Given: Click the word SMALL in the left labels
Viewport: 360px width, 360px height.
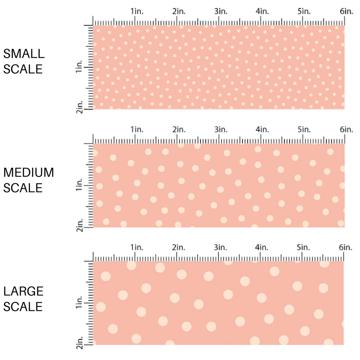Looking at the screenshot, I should tap(24, 54).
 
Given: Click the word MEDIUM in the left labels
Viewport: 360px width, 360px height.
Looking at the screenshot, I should tap(28, 172).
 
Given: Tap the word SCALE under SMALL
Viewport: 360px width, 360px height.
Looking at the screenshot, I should tap(23, 69).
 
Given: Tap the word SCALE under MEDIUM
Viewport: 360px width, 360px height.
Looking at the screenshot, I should tap(23, 188).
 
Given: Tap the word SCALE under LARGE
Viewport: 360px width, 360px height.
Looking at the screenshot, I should tap(23, 306).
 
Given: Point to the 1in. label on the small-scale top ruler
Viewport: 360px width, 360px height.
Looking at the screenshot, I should tap(137, 11).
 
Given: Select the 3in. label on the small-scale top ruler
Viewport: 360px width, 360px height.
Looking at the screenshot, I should tap(221, 11).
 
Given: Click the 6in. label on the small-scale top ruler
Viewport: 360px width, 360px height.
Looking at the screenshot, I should tap(346, 11).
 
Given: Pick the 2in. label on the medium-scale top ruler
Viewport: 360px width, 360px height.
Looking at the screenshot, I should tap(179, 129).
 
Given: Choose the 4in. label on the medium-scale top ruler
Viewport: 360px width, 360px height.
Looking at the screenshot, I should tap(263, 129).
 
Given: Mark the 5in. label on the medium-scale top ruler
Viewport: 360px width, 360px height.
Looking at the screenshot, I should tap(304, 129).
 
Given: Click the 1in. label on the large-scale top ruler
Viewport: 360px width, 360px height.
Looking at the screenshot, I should tap(137, 248).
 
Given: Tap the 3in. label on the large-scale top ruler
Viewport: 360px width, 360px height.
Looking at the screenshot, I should tap(221, 248).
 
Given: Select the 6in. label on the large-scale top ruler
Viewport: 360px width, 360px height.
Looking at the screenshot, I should tap(346, 248).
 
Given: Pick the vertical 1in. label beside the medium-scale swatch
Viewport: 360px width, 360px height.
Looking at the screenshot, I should tap(79, 186).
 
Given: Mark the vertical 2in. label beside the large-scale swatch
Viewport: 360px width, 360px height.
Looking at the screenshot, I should tap(79, 344).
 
